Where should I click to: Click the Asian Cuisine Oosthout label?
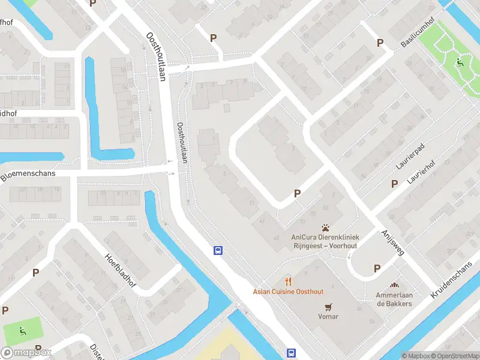click(287, 292)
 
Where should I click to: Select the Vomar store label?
click(328, 316)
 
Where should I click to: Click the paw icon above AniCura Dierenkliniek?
click(325, 228)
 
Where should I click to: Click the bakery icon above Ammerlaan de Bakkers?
click(394, 286)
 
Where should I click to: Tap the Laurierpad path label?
click(410, 155)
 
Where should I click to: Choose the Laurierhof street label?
click(420, 173)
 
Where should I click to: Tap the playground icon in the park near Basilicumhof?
click(460, 62)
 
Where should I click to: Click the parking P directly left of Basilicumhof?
click(379, 43)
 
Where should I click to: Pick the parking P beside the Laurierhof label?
click(394, 184)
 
